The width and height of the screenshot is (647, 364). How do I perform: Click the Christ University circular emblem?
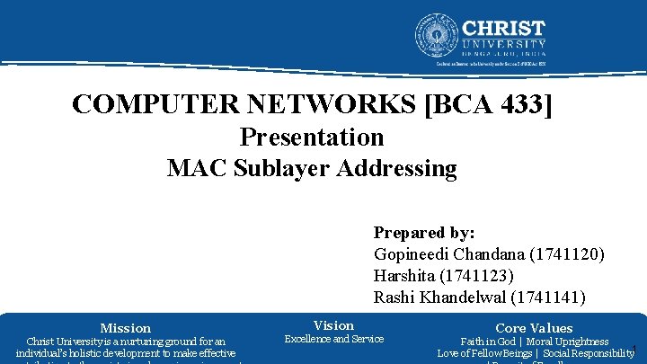click(437, 36)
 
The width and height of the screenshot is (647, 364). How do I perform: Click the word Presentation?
click(312, 138)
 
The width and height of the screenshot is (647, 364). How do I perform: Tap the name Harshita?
click(406, 275)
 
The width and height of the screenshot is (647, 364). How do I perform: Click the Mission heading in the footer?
click(126, 328)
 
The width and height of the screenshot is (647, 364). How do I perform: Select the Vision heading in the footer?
click(333, 324)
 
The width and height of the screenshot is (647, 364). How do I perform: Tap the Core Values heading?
click(534, 328)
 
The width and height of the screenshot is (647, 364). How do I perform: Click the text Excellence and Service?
click(333, 339)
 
